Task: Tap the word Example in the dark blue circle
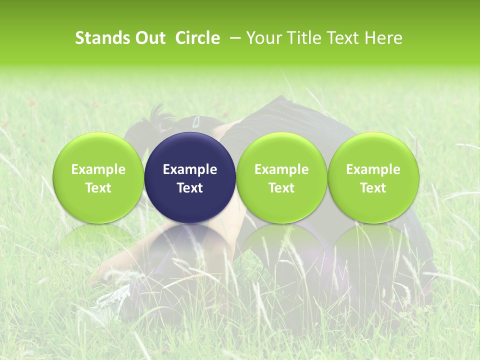tap(190, 169)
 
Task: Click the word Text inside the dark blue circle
tap(190, 188)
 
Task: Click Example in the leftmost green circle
tap(98, 169)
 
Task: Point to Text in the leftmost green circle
tap(98, 188)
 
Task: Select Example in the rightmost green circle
tap(373, 169)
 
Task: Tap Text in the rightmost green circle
tap(373, 188)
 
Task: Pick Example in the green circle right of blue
tap(281, 169)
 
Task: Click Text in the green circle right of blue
tap(281, 188)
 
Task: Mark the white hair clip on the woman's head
tap(196, 121)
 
